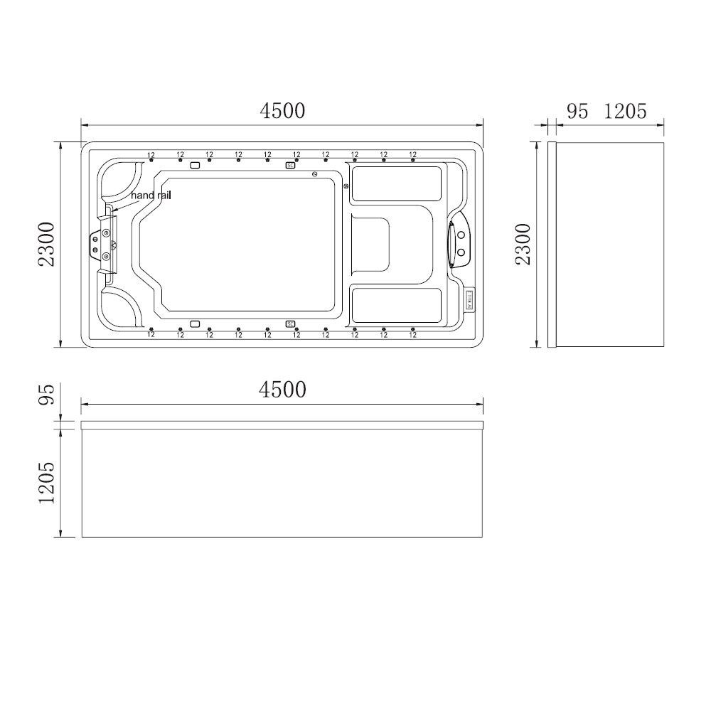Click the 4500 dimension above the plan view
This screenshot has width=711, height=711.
(282, 111)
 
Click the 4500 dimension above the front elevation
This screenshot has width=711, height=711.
(282, 390)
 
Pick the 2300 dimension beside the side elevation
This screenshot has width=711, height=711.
(523, 244)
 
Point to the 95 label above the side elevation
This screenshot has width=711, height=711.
(577, 112)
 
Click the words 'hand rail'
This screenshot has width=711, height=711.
(150, 194)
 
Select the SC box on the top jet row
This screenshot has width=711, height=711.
(290, 165)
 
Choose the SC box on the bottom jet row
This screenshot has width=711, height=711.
(290, 324)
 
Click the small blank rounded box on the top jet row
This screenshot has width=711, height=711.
(195, 165)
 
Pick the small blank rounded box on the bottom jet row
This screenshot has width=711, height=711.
(195, 324)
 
